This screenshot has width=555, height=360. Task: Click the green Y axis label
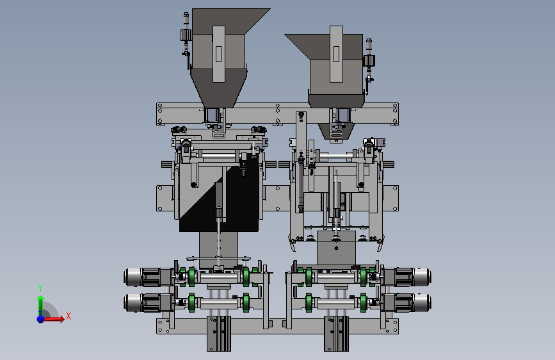40,288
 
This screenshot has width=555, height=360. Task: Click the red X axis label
68,316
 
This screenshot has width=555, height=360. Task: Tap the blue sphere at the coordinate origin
41,319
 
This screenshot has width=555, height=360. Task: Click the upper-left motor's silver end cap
133,277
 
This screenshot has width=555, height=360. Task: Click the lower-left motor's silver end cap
133,303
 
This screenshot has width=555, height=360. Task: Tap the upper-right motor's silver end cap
422,277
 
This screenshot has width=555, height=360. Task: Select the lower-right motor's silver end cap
422,303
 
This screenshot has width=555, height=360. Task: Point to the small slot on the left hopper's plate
218,54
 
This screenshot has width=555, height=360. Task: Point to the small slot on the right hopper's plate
336,54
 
